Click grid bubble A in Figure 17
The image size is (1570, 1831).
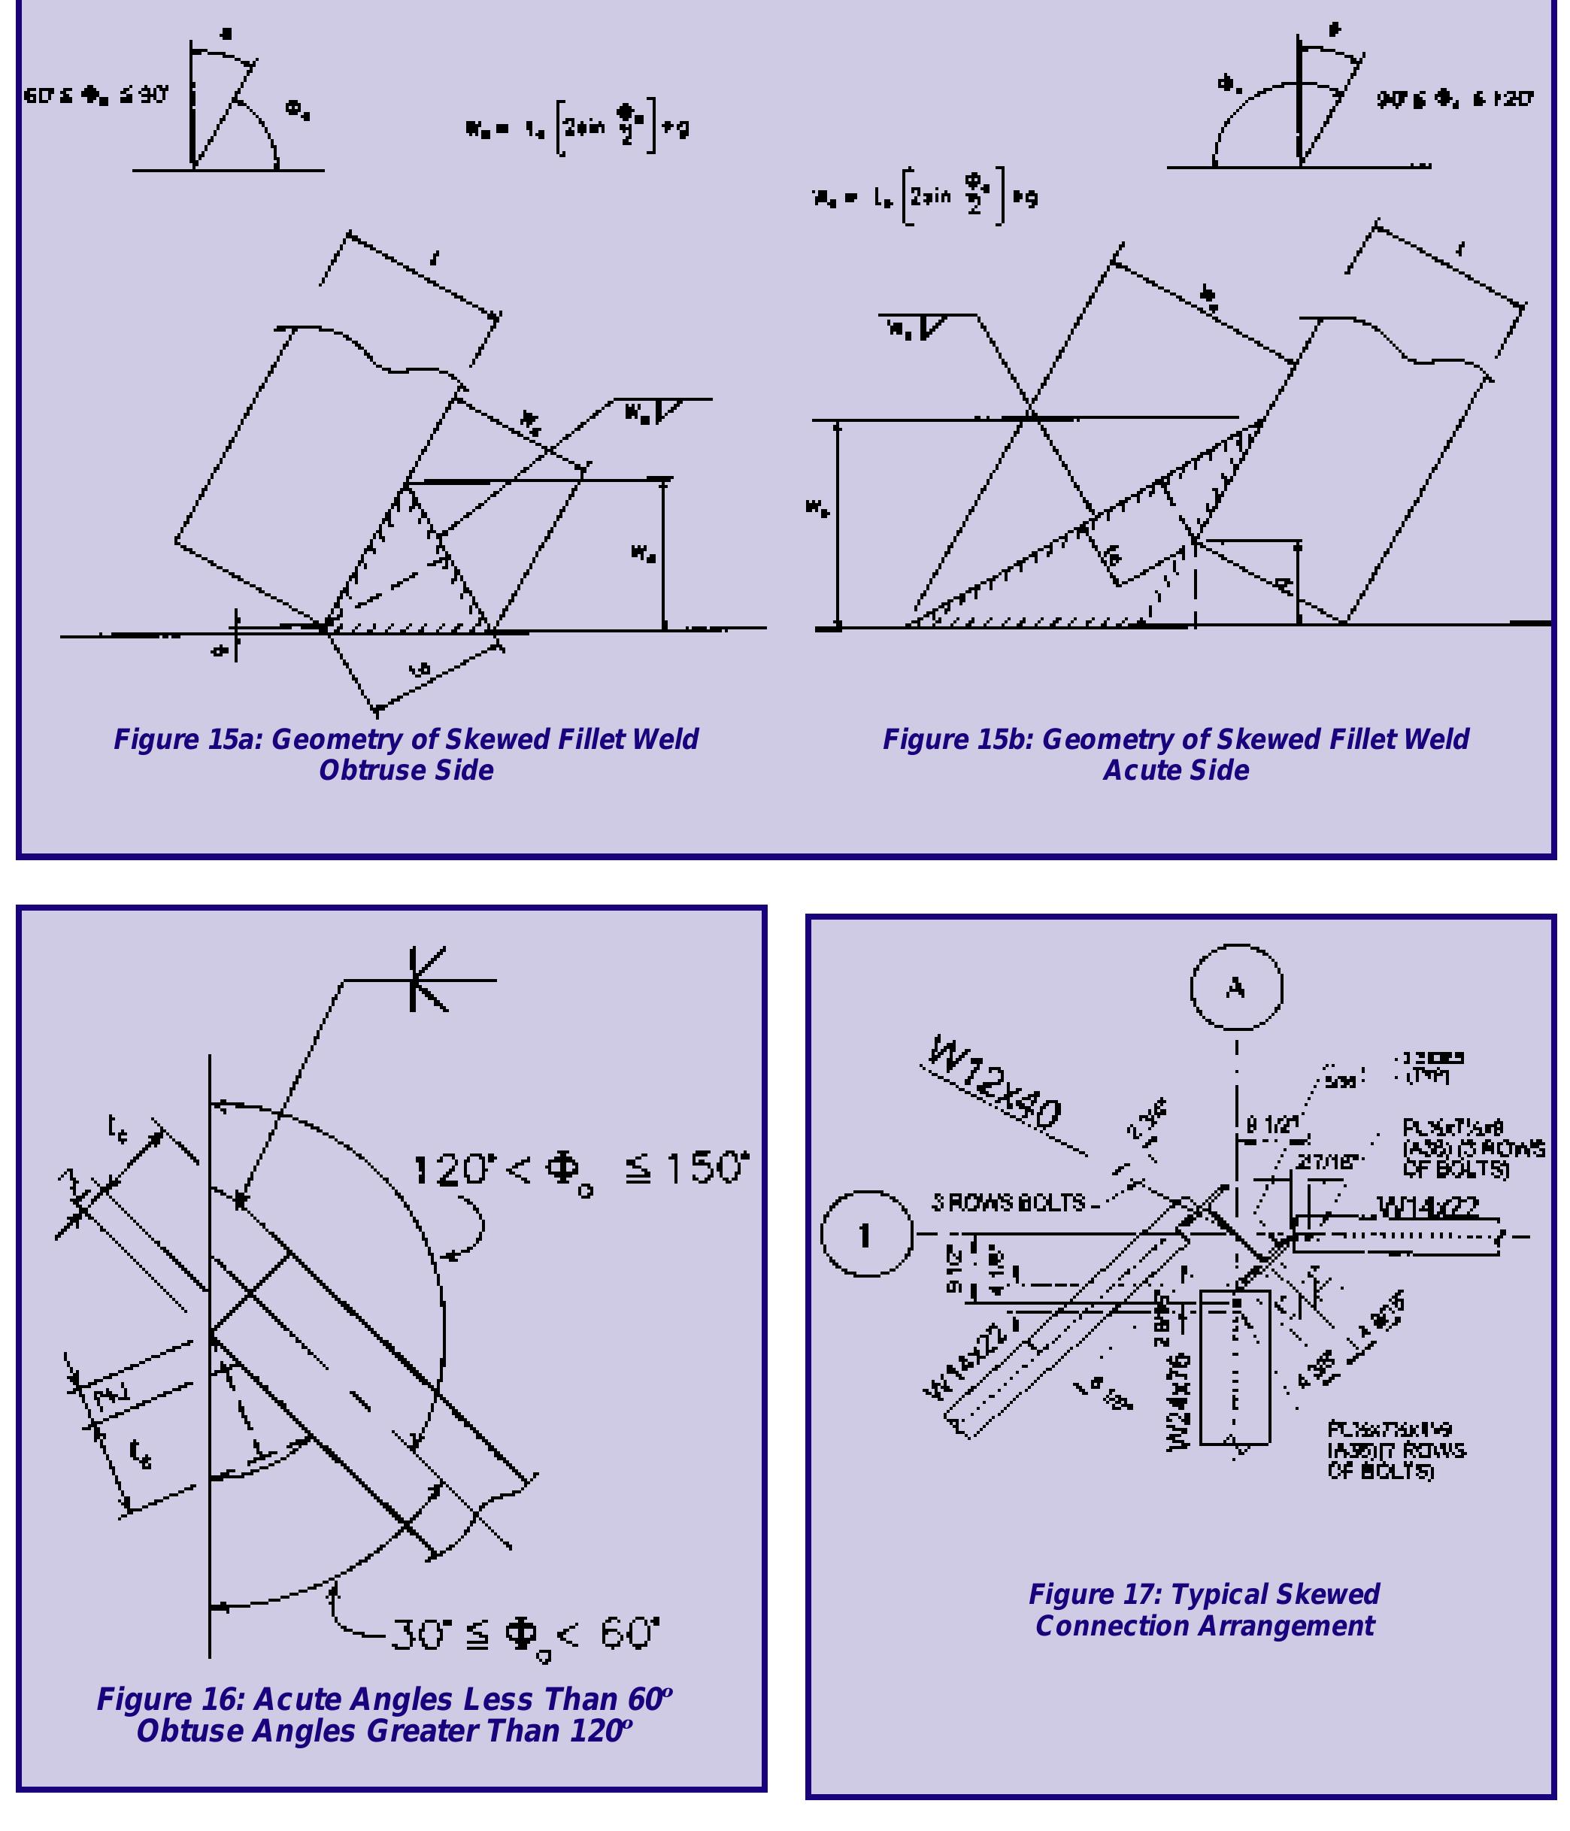[x=1235, y=987]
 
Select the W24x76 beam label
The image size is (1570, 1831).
[x=1180, y=1401]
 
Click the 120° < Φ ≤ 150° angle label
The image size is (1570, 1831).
[x=580, y=1170]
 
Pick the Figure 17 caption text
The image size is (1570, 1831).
[x=1203, y=1610]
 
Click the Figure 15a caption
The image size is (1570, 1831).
[x=405, y=753]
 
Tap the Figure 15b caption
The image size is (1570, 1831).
[x=1175, y=753]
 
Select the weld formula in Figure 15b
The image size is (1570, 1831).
[x=925, y=197]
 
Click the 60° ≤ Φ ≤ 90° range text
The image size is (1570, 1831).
[x=95, y=95]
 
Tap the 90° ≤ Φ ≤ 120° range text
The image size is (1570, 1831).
[x=1454, y=99]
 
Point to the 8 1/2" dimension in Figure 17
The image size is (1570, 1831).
[x=1273, y=1125]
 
